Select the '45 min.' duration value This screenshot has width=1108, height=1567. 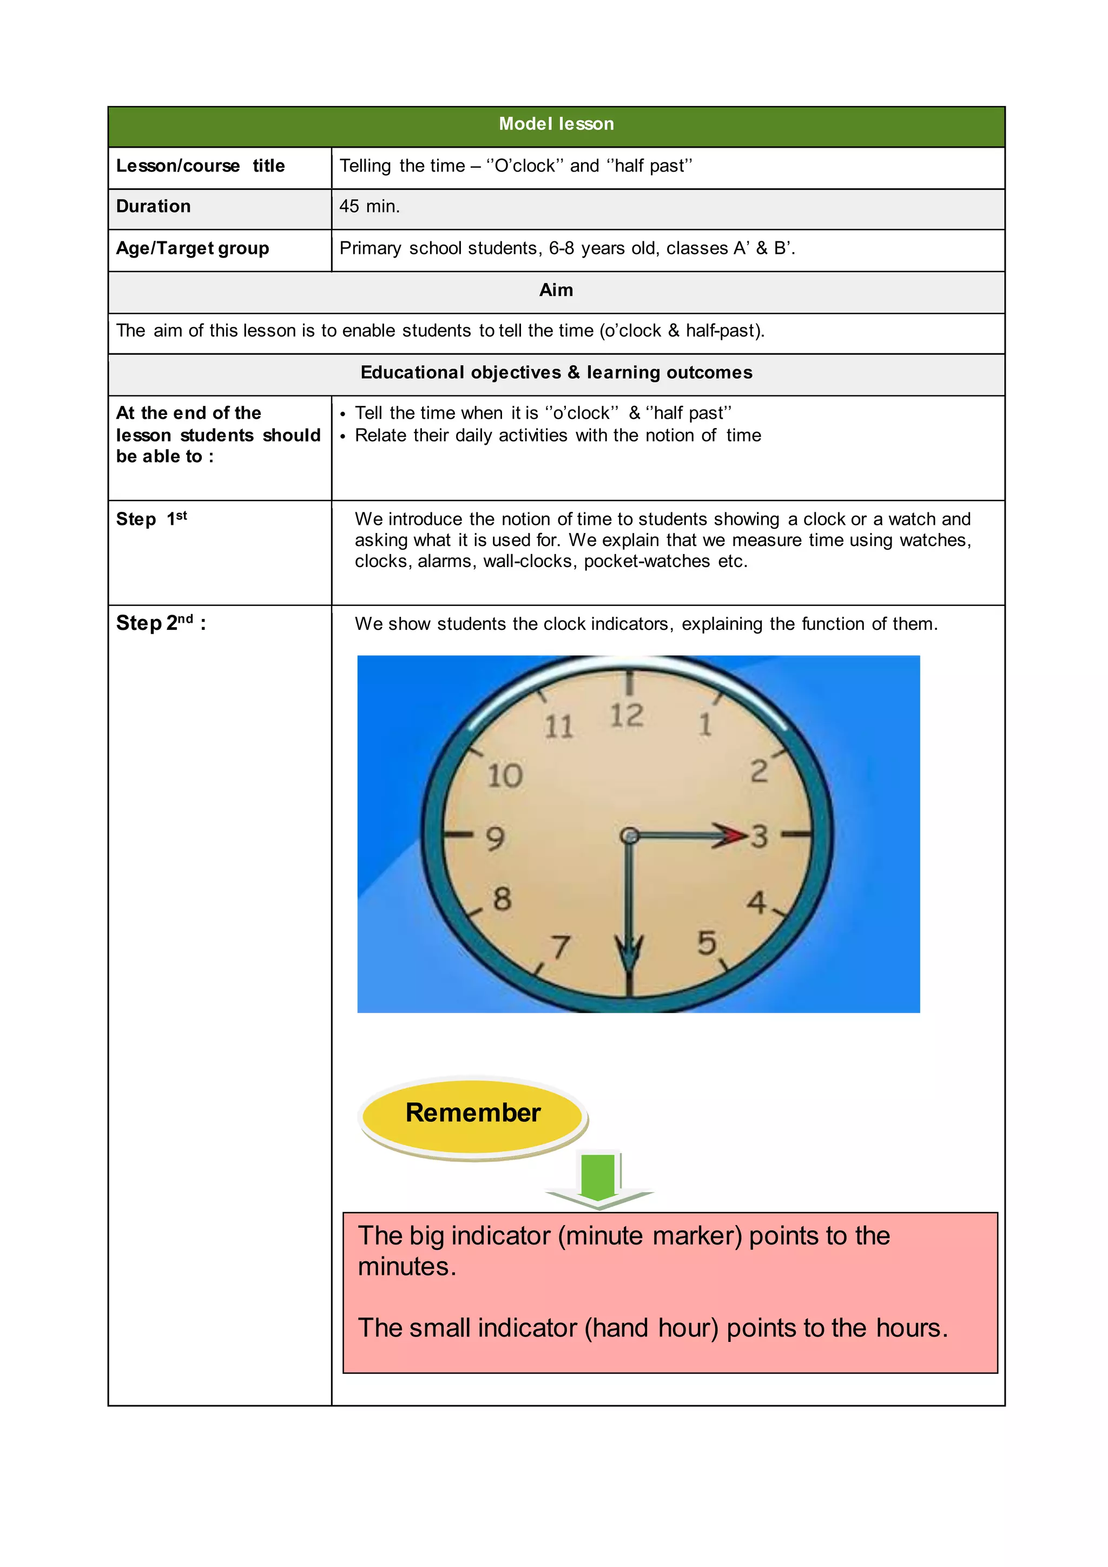369,206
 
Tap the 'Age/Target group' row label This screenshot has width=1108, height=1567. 193,248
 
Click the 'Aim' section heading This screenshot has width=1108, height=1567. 556,290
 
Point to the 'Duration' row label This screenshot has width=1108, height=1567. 154,206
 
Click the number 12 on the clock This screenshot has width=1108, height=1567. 626,716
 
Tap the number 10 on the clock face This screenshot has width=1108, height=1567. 505,776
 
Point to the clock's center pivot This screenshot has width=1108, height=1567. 630,835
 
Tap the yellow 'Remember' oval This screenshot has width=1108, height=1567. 473,1113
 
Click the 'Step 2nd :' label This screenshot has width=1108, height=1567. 161,623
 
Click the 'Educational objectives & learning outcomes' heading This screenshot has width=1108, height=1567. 556,373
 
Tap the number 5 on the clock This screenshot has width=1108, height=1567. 707,943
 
